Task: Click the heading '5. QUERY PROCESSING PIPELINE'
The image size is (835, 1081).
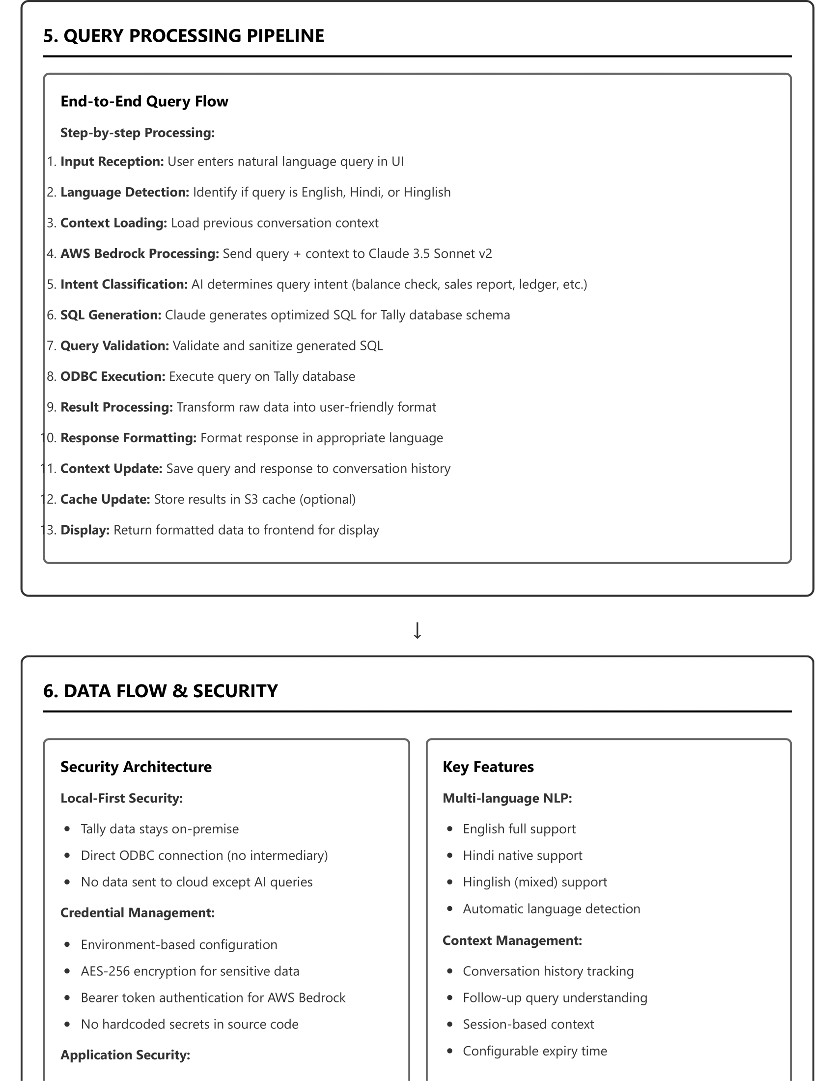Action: click(x=184, y=36)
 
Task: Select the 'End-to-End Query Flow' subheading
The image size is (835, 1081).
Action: click(x=144, y=102)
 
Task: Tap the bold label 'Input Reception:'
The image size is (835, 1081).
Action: click(x=112, y=162)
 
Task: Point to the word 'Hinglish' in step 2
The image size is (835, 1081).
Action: click(x=427, y=193)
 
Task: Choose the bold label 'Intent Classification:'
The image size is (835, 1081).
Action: click(x=124, y=284)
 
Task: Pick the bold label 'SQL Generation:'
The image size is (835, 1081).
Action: click(x=111, y=315)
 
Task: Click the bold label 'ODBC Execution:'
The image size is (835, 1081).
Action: click(x=113, y=377)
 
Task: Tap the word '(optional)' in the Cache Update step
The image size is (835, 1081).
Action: click(x=328, y=499)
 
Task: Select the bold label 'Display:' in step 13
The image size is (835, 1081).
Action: click(x=84, y=530)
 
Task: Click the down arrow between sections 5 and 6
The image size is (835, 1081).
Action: click(x=417, y=630)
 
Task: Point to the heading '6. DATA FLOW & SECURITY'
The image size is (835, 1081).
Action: click(x=160, y=691)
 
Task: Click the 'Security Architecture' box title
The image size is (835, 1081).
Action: click(x=136, y=767)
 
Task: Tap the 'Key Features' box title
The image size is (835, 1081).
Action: click(x=488, y=767)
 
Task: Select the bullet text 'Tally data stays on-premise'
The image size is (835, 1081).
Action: click(x=160, y=829)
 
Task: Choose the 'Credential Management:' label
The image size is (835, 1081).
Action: click(x=138, y=913)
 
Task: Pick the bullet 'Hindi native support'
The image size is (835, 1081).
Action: click(x=523, y=855)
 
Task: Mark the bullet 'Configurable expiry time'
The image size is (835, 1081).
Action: click(x=535, y=1051)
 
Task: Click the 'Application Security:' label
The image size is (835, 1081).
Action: click(x=125, y=1055)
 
